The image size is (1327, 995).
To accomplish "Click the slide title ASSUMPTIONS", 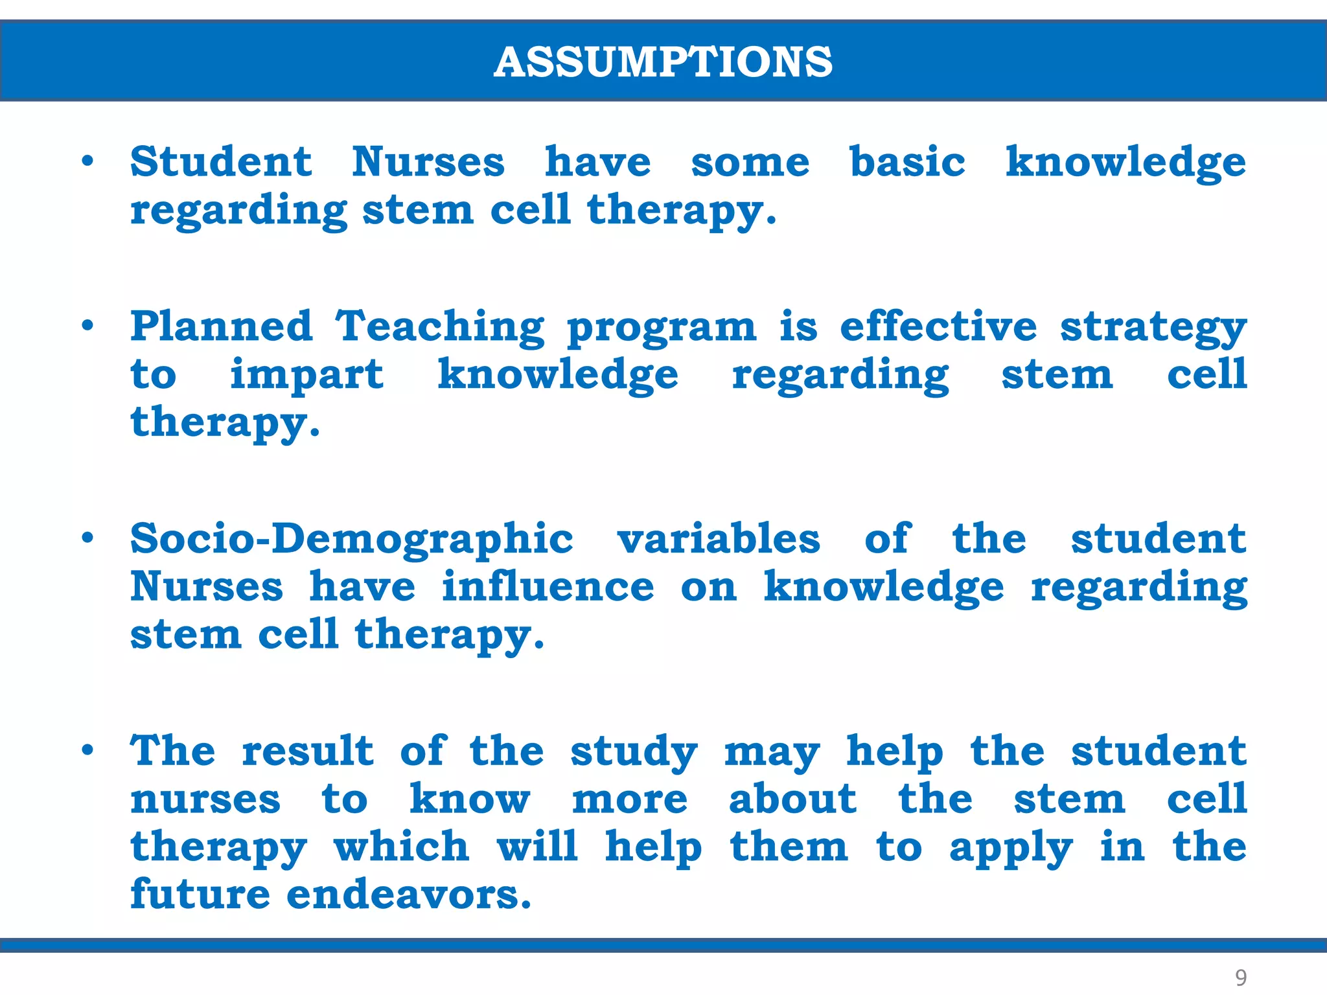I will tap(663, 62).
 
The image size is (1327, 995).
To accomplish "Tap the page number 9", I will tap(1240, 977).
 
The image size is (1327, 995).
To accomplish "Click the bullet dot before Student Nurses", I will tap(88, 160).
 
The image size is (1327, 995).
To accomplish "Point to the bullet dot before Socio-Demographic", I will tap(88, 537).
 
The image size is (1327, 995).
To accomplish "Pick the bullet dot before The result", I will tap(88, 749).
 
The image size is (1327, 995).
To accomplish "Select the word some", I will tap(750, 163).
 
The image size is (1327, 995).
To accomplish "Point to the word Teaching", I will tap(440, 327).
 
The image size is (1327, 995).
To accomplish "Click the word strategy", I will tap(1153, 328).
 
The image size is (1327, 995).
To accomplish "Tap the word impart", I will tap(306, 376).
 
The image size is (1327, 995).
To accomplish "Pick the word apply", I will tap(1011, 849).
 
